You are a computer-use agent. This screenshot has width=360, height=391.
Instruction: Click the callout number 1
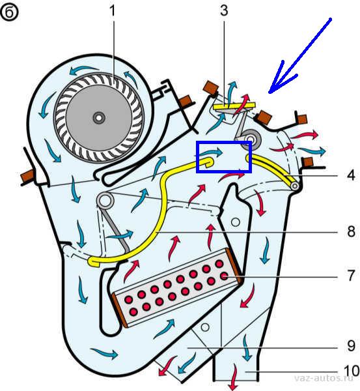(x=113, y=10)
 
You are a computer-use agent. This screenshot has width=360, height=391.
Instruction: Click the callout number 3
(x=224, y=10)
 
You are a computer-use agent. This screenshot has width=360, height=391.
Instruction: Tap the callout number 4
(x=351, y=175)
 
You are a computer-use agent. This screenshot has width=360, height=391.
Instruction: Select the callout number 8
(x=351, y=231)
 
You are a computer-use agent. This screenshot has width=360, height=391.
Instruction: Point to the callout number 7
(x=351, y=275)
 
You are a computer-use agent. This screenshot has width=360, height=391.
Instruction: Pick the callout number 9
(x=351, y=345)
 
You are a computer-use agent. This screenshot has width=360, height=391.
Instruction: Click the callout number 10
(x=352, y=371)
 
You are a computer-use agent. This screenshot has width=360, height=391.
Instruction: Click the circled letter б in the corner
(x=9, y=12)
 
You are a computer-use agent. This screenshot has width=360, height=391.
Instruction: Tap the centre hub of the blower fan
(x=99, y=118)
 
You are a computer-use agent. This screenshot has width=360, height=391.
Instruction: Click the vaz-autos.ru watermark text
(x=324, y=378)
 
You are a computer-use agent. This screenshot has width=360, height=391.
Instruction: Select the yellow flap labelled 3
(x=234, y=106)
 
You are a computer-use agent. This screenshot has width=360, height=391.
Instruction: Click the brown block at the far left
(x=27, y=176)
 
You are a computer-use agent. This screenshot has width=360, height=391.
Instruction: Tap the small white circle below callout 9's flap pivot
(x=205, y=327)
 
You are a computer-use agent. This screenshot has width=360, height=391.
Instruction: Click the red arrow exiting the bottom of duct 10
(x=234, y=377)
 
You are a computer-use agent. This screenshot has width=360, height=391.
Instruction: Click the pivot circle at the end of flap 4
(x=295, y=186)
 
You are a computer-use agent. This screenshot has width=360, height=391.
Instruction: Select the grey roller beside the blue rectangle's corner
(x=251, y=139)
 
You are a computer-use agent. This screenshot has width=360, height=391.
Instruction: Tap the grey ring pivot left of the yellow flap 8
(x=105, y=200)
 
